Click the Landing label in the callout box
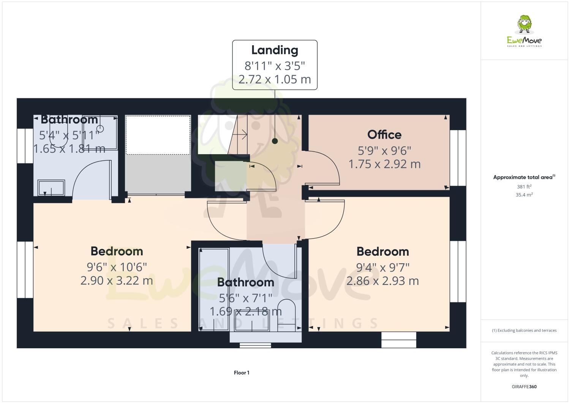click(x=275, y=50)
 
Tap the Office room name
click(x=384, y=134)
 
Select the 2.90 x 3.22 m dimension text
click(x=117, y=281)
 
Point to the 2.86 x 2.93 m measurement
click(x=382, y=281)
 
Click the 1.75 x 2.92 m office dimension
click(x=384, y=164)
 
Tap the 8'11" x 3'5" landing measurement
click(x=275, y=66)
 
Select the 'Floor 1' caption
click(x=242, y=373)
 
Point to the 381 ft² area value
click(x=524, y=186)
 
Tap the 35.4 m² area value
click(x=524, y=195)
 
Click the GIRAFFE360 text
click(x=524, y=387)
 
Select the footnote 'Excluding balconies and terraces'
click(x=524, y=330)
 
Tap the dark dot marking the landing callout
click(x=275, y=141)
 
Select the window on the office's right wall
click(x=458, y=158)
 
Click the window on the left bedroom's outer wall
click(x=25, y=270)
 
